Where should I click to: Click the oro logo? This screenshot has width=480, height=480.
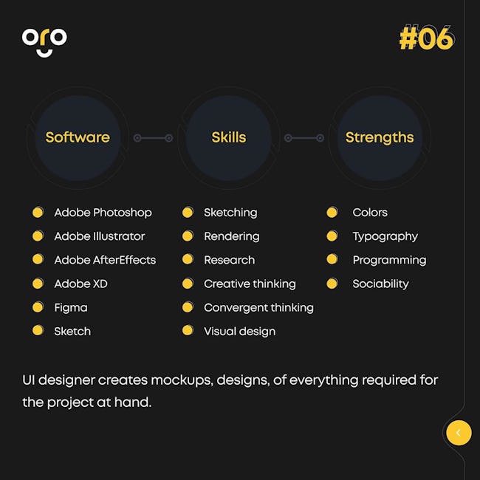[44, 42]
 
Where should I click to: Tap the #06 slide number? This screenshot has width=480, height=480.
[426, 38]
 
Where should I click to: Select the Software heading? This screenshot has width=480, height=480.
[78, 137]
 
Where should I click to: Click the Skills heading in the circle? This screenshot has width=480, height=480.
[229, 137]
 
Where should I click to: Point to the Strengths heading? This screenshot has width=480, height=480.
[380, 138]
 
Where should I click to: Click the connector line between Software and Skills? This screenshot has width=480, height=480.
[153, 138]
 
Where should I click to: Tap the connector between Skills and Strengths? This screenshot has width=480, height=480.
[304, 138]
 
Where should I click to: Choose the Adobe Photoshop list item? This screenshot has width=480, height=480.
[103, 213]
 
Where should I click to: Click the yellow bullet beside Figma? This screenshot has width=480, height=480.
[38, 307]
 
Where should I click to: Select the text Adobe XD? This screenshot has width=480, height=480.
[80, 284]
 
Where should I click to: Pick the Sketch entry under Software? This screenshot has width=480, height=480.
[72, 332]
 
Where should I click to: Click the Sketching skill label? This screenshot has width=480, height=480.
[230, 213]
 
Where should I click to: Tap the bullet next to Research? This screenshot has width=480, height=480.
[188, 259]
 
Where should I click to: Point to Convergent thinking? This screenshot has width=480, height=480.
[258, 308]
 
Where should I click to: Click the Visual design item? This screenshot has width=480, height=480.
[240, 332]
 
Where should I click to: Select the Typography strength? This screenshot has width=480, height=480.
[385, 236]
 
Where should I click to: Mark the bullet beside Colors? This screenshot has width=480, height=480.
[332, 212]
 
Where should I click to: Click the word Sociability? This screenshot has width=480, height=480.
[380, 284]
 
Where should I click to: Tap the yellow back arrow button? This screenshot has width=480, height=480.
[459, 433]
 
